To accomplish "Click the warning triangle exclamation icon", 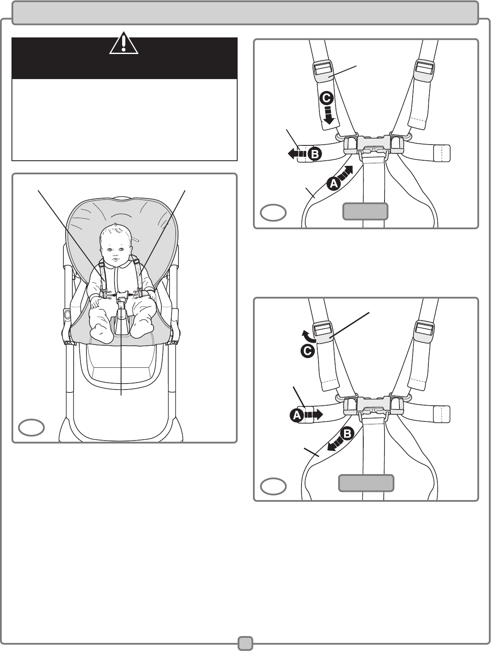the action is coord(124,43).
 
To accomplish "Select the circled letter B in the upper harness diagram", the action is coord(315,154).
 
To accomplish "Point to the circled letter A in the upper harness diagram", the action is coord(333,184).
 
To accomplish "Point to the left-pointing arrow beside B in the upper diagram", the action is coord(297,154).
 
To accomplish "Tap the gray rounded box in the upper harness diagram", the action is coord(365,211).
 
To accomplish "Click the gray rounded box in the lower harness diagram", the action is coord(366,483).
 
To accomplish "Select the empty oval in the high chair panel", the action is coord(32,427).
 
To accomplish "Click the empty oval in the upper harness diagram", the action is coord(273,213).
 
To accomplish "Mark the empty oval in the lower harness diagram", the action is coord(273,486).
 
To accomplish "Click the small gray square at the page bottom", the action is coord(245,643).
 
